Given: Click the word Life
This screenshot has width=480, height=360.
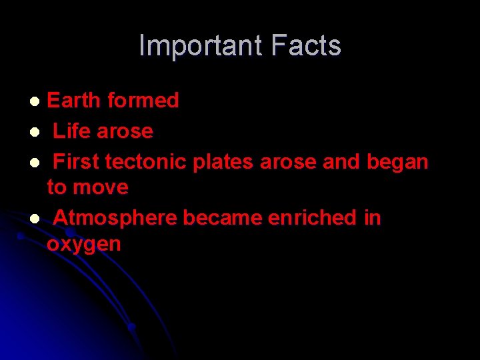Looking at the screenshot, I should click(72, 131).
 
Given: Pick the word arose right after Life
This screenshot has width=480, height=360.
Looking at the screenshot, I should click(125, 131).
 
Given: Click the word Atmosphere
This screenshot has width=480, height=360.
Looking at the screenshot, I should click(115, 218).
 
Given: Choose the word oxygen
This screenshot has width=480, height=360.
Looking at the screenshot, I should click(84, 245).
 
